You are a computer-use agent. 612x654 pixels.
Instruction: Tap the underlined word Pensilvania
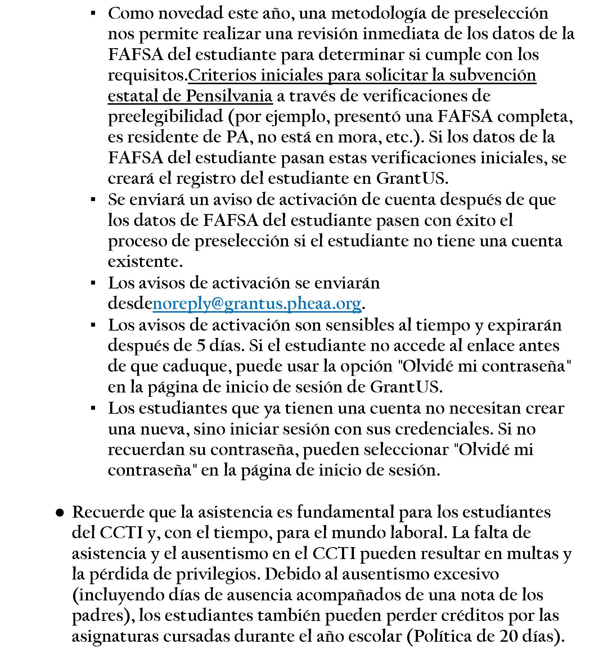(229, 96)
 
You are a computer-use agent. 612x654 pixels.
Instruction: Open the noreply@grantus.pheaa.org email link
(257, 304)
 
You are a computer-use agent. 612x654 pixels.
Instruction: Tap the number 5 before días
(201, 346)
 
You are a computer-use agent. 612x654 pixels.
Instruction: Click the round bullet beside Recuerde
(60, 513)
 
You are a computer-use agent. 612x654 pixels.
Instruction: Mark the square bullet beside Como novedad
(93, 14)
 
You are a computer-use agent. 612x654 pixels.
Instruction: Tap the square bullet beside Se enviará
(93, 200)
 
